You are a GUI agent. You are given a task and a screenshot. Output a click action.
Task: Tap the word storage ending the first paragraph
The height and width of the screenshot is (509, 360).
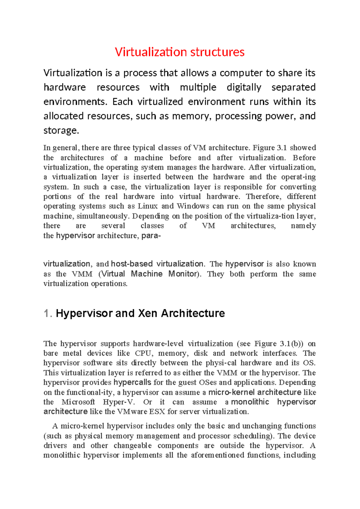61,130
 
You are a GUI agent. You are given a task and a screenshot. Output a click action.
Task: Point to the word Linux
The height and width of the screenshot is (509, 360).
148,206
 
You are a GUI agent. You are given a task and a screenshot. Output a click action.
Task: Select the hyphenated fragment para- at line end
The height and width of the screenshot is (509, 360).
151,236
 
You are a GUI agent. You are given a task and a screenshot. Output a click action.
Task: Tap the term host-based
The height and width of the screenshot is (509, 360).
132,264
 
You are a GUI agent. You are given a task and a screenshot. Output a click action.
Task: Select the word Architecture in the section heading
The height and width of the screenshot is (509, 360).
193,313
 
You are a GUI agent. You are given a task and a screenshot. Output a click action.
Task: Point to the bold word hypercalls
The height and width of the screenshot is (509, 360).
132,382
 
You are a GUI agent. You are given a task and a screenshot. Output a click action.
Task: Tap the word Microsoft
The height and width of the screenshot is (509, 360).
78,402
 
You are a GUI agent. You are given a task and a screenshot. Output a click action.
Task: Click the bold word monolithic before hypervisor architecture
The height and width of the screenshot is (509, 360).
250,402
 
